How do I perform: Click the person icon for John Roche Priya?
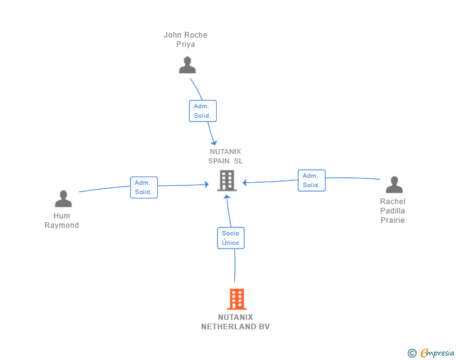(x=187, y=65)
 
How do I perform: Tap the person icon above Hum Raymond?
(x=63, y=199)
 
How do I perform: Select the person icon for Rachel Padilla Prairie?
(x=393, y=185)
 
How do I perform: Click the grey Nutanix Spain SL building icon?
(x=225, y=180)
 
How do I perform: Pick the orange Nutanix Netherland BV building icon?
(x=236, y=299)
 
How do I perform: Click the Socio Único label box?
(x=231, y=238)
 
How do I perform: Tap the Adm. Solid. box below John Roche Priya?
(x=202, y=111)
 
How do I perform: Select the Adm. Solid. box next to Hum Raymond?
(x=143, y=187)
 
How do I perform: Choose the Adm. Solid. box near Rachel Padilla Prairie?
(x=311, y=180)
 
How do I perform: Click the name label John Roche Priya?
(x=185, y=39)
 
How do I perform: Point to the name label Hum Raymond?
(x=62, y=220)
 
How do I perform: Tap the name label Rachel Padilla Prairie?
(x=393, y=211)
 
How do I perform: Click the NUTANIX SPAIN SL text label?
(x=225, y=156)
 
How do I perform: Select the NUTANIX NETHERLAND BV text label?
(x=236, y=322)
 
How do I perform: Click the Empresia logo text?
(x=437, y=353)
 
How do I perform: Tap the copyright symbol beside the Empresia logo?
(x=412, y=353)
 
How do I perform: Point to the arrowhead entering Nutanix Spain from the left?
(x=206, y=184)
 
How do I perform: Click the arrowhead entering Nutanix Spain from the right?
(x=246, y=183)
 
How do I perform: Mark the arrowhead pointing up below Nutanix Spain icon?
(x=227, y=197)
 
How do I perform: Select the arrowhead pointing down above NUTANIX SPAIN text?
(x=214, y=141)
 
